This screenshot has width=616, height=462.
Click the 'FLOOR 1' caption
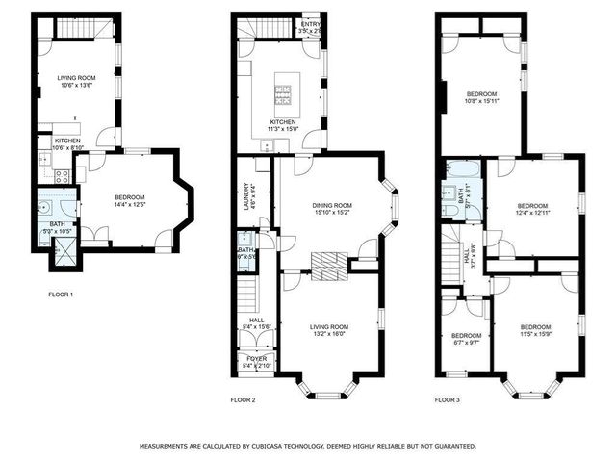tap(61, 294)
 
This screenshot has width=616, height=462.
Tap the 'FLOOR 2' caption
tap(243, 398)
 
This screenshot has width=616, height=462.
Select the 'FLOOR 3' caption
tap(447, 398)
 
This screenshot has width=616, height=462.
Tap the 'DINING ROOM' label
tap(332, 205)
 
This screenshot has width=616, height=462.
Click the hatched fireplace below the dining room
tap(328, 264)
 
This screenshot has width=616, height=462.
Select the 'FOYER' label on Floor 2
tap(255, 358)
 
